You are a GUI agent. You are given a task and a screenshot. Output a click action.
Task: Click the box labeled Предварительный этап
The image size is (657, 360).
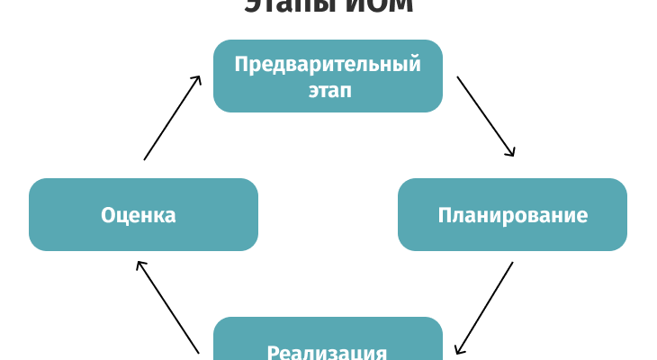click(328, 76)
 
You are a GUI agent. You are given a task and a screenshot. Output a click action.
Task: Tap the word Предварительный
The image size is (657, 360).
click(328, 64)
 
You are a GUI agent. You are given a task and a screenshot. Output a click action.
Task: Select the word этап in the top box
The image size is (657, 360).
click(328, 90)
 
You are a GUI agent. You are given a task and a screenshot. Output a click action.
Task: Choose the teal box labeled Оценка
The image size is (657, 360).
click(143, 214)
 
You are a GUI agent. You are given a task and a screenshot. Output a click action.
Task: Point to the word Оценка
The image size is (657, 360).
click(138, 215)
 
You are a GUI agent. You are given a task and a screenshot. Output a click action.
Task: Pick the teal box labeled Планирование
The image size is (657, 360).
click(512, 214)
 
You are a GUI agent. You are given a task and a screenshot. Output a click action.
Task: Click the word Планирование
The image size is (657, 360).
click(513, 215)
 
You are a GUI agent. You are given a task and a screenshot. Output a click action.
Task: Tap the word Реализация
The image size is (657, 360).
click(328, 352)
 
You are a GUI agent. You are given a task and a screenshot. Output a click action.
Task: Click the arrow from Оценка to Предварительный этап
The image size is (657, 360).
click(172, 118)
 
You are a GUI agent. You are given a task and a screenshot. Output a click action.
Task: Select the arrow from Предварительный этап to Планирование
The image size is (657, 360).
click(486, 117)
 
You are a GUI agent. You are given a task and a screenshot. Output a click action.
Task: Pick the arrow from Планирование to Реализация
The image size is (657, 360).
click(485, 307)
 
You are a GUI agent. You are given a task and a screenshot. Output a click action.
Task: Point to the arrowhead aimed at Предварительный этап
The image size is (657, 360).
click(198, 79)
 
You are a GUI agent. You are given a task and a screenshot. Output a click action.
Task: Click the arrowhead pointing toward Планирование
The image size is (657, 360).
click(511, 153)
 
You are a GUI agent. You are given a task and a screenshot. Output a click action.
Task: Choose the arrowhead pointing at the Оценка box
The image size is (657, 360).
click(139, 265)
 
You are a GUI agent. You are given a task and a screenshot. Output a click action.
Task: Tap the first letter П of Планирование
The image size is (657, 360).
click(445, 215)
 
